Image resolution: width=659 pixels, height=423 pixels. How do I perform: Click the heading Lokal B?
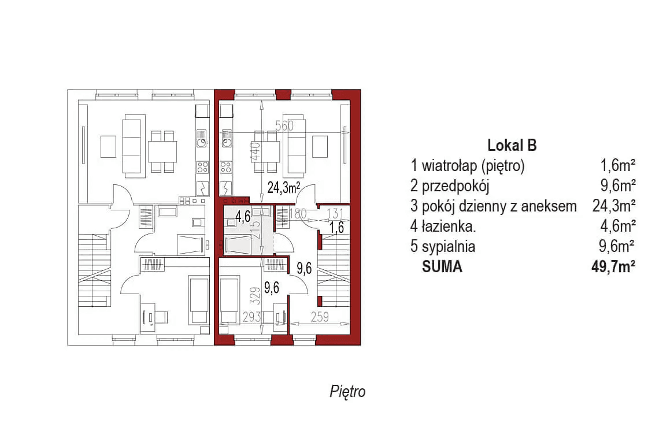[512, 146]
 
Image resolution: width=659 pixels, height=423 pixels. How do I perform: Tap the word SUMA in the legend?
[442, 267]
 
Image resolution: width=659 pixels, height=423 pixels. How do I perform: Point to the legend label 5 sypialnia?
[443, 247]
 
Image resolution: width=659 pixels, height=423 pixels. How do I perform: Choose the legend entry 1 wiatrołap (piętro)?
[468, 166]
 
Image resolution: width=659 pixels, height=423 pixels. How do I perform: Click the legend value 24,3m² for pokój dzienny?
[614, 206]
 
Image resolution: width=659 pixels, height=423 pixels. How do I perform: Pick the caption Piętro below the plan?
[347, 391]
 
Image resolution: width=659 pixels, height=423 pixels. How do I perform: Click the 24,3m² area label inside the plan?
[283, 187]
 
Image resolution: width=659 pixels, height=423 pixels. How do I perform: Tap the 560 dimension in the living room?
[284, 125]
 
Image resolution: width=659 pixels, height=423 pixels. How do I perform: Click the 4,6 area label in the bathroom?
[243, 218]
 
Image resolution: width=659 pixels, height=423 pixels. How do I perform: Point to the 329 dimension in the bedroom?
[236, 296]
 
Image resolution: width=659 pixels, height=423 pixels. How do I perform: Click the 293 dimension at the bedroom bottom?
[252, 317]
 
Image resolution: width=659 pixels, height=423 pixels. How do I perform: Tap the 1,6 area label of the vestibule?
[337, 227]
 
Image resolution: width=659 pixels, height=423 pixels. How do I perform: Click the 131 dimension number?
[335, 213]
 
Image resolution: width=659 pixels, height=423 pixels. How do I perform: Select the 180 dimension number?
[298, 214]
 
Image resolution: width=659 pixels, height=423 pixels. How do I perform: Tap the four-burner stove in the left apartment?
[202, 168]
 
